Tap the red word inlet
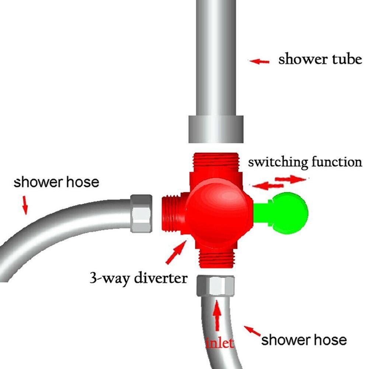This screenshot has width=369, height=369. (x=220, y=343)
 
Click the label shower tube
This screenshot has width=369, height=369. (x=320, y=59)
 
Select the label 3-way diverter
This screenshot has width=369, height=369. (x=139, y=278)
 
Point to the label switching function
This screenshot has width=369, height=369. (x=305, y=162)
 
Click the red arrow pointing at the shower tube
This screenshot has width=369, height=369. (x=259, y=62)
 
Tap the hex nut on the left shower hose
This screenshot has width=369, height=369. (x=141, y=213)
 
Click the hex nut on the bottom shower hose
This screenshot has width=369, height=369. (x=216, y=286)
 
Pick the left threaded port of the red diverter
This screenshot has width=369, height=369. (x=171, y=213)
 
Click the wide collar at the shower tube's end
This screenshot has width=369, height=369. (x=216, y=129)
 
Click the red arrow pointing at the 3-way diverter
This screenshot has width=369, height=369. (x=176, y=251)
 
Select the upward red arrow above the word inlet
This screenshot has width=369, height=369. (x=217, y=315)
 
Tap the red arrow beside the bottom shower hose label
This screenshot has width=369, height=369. (x=252, y=331)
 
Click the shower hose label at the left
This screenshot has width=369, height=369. (x=56, y=182)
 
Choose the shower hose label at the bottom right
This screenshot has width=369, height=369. (x=304, y=340)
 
